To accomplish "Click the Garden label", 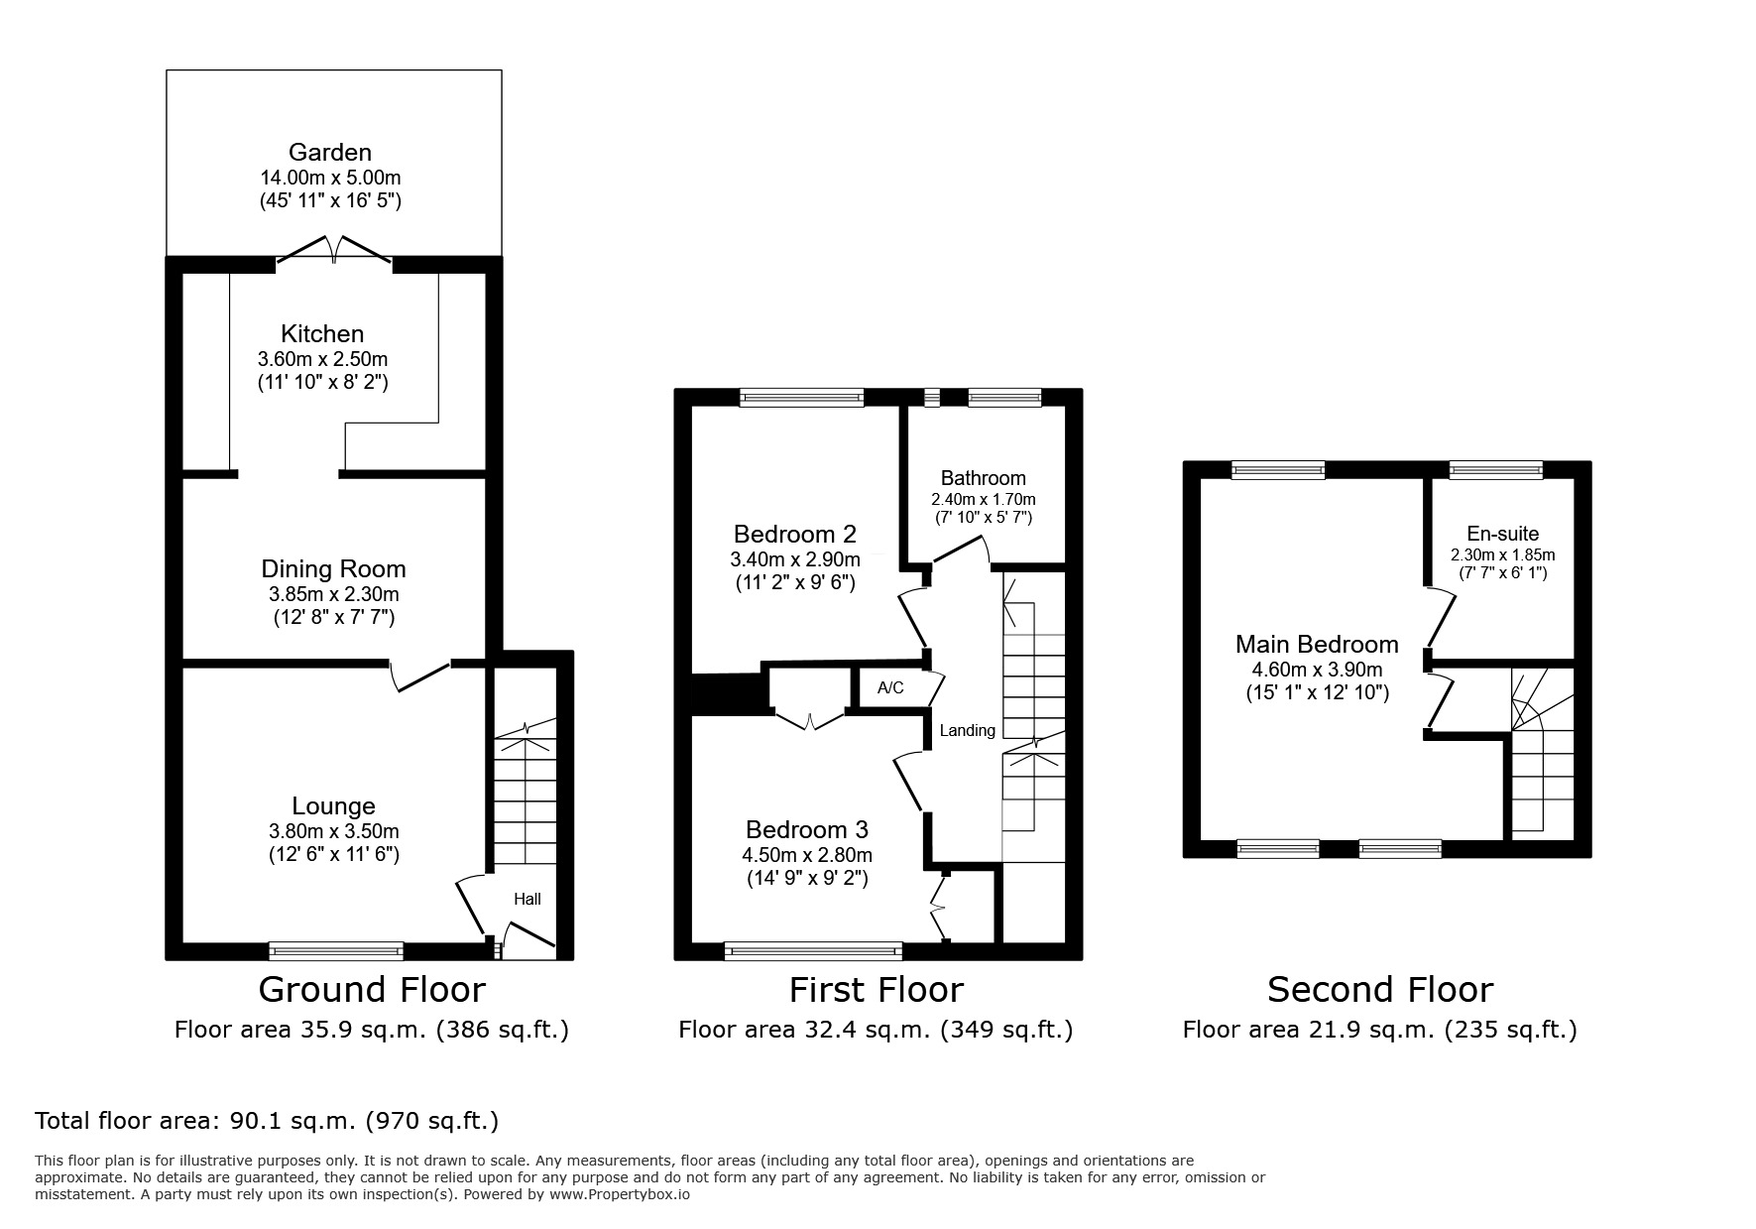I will tap(330, 152).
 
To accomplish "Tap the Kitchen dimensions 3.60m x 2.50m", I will tap(322, 359).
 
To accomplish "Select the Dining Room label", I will tap(333, 568).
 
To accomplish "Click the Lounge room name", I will tap(333, 806).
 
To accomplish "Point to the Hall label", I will tap(527, 900).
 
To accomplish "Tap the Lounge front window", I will tap(336, 951).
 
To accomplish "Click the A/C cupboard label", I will tap(890, 687).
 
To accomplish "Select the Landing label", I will tap(967, 731).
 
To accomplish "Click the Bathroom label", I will tap(983, 478).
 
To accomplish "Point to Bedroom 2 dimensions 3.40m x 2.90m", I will tap(794, 559).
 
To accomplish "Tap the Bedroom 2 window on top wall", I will tap(801, 398).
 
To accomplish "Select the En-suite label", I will tap(1502, 534).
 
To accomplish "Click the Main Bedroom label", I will tap(1316, 644).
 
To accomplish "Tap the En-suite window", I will tap(1495, 470).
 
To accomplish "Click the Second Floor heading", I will tap(1379, 989).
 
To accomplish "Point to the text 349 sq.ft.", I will tap(1006, 1030).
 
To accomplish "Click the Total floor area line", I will tap(267, 1121).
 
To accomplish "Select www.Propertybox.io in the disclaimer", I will tap(620, 1195).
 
